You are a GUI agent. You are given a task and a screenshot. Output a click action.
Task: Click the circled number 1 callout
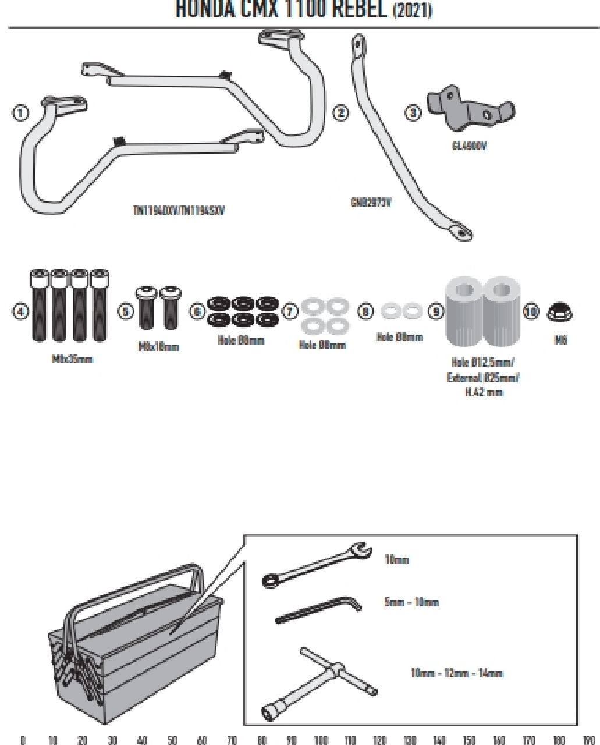pyautogui.click(x=20, y=112)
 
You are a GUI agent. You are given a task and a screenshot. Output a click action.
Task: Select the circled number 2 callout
pyautogui.click(x=340, y=112)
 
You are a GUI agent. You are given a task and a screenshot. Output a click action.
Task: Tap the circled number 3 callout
pyautogui.click(x=413, y=112)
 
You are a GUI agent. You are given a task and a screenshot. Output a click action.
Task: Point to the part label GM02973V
pyautogui.click(x=371, y=203)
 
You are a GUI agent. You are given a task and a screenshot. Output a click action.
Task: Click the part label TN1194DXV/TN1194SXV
pyautogui.click(x=178, y=210)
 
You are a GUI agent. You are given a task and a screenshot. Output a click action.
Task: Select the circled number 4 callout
pyautogui.click(x=20, y=311)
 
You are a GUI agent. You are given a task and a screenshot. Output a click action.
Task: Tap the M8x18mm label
pyautogui.click(x=158, y=347)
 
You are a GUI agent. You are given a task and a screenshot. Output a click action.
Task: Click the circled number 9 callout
pyautogui.click(x=436, y=311)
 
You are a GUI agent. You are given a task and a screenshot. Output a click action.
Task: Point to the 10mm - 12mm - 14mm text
pyautogui.click(x=456, y=673)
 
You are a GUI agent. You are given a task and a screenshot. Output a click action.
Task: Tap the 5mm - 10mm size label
pyautogui.click(x=411, y=602)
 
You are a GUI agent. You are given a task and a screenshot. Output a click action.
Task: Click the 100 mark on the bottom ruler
pyautogui.click(x=321, y=740)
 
